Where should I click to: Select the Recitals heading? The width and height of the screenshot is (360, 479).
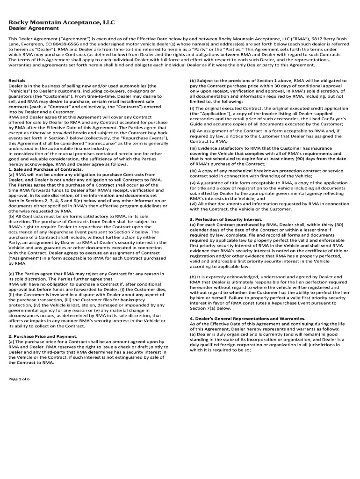(17, 80)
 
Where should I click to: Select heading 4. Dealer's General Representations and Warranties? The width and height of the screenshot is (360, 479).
(248, 318)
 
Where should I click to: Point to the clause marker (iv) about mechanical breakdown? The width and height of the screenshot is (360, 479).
(194, 171)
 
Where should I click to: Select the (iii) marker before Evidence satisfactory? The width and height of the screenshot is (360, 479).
(194, 148)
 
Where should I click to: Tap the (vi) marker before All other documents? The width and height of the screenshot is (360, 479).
(194, 203)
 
